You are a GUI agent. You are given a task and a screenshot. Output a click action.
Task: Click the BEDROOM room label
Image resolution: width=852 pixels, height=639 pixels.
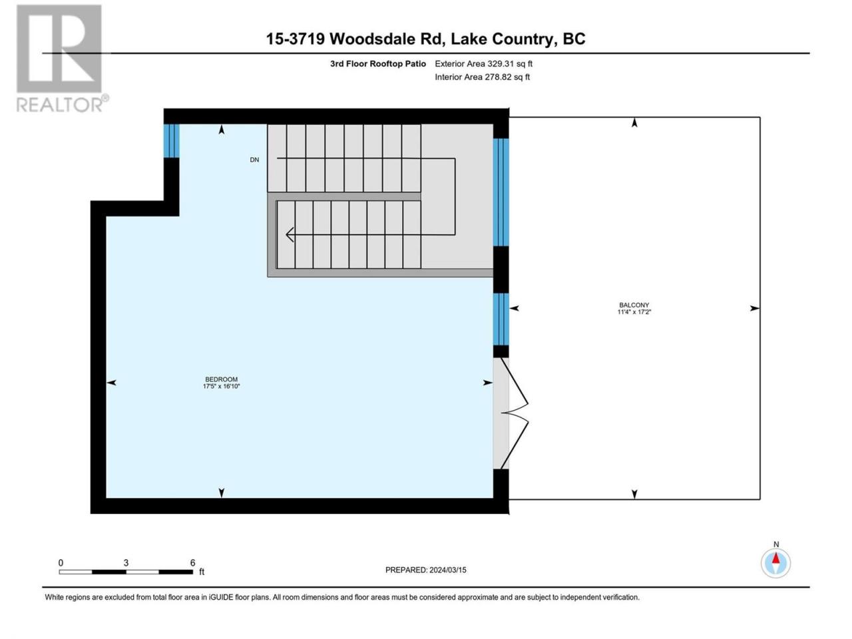click(x=221, y=379)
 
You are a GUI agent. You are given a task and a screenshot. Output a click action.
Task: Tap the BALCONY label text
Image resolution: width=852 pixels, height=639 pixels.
click(x=634, y=305)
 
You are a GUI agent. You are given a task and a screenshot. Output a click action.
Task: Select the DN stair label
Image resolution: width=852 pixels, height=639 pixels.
click(x=254, y=160)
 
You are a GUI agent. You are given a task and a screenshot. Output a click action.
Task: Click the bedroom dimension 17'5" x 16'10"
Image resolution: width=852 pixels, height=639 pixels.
click(x=221, y=386)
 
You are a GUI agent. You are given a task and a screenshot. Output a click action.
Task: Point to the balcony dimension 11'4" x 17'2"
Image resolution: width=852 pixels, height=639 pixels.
click(x=634, y=312)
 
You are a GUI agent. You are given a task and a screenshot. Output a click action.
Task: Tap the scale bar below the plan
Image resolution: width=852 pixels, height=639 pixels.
click(x=126, y=572)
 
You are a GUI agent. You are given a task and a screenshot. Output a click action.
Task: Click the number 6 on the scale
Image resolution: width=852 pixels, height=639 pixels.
click(x=192, y=562)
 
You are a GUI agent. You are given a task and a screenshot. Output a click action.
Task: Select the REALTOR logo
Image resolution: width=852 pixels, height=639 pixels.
click(x=62, y=58)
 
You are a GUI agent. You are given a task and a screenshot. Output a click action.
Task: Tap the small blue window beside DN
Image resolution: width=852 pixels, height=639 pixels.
click(x=171, y=141)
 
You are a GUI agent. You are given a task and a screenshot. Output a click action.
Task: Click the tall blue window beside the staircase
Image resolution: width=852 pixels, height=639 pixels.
click(x=501, y=192)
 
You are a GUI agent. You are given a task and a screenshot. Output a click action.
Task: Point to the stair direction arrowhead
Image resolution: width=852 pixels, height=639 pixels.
click(x=290, y=234)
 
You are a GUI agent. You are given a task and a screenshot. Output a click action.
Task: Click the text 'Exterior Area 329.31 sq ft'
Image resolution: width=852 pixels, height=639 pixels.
click(x=484, y=64)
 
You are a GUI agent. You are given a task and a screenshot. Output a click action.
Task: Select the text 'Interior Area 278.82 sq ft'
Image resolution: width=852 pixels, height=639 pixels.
click(x=482, y=77)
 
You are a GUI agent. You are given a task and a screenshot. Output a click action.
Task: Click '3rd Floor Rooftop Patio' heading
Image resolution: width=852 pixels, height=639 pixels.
click(x=377, y=64)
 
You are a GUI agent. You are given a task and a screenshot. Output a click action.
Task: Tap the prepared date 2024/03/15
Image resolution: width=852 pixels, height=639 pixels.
click(x=447, y=570)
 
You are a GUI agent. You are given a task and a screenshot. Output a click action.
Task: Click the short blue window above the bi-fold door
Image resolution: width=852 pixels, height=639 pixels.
click(x=501, y=319)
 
